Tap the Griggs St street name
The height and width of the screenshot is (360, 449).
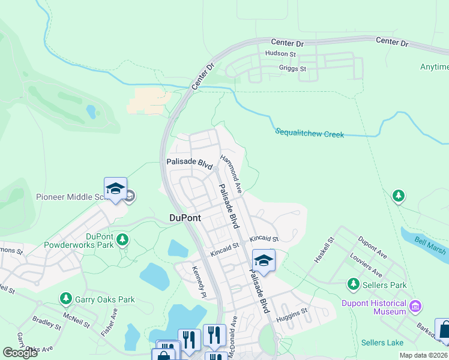(293, 68)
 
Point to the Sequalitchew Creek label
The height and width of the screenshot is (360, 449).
(310, 133)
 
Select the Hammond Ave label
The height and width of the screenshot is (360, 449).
(231, 174)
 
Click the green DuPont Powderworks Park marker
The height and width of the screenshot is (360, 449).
(122, 240)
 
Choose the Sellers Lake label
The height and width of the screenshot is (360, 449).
(383, 343)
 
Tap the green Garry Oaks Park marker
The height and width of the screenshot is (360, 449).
(66, 298)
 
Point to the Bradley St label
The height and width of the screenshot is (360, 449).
(47, 323)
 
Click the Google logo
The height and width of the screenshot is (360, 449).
(20, 353)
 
